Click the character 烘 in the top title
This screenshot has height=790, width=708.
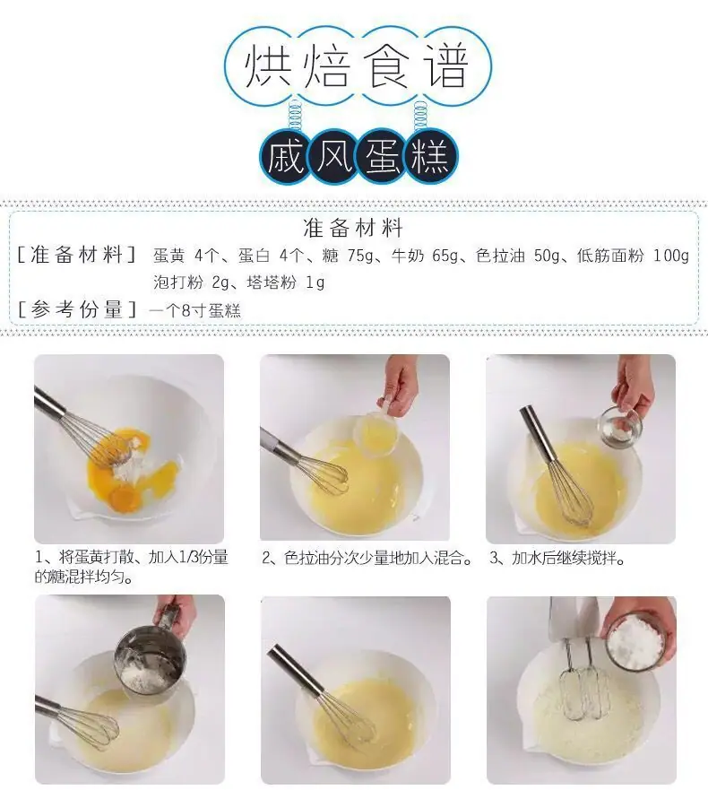(268, 66)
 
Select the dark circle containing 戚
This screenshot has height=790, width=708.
(286, 156)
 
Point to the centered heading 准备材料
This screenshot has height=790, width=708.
(353, 228)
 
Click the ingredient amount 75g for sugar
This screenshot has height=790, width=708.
(360, 256)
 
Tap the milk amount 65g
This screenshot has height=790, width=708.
(445, 256)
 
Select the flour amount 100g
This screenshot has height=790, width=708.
(671, 256)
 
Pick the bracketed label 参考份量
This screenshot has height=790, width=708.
(76, 309)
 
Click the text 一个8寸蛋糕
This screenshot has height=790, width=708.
(195, 310)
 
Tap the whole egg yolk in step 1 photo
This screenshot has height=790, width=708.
(125, 498)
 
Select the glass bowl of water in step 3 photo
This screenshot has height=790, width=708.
(620, 426)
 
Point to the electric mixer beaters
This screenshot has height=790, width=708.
(585, 678)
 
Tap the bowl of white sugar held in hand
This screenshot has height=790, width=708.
(636, 642)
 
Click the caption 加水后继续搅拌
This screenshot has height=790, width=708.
(568, 558)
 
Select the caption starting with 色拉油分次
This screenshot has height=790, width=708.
(379, 558)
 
